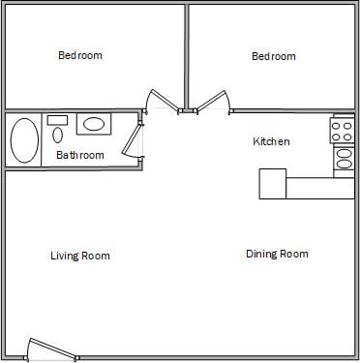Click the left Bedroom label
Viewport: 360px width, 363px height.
pos(80,56)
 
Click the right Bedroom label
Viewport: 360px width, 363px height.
pos(274,56)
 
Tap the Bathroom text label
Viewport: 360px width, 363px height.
pos(80,155)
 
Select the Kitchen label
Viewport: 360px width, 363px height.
pos(271,141)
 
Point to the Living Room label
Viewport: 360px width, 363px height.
pos(80,256)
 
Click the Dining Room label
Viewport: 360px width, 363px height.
pos(277,254)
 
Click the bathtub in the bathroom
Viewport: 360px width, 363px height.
pos(24,141)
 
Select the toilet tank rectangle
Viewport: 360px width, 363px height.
pos(58,120)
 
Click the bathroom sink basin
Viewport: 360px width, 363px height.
pos(94,124)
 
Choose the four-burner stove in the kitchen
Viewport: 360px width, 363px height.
pos(344,130)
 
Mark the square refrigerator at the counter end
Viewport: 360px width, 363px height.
pos(272,183)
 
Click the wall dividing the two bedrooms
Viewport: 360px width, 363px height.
pos(186,56)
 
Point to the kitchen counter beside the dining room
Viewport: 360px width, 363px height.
pos(319,188)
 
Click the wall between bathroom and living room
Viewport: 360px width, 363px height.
pos(73,170)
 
